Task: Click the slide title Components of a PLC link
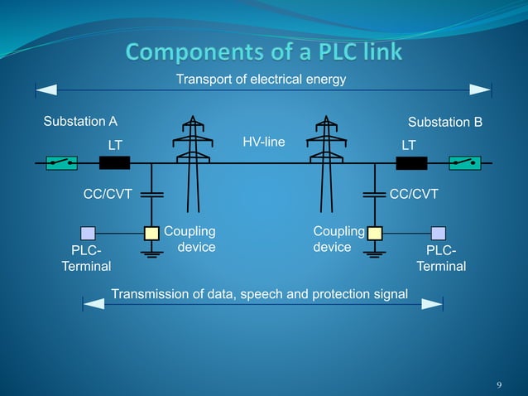tap(264, 52)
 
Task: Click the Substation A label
tap(79, 122)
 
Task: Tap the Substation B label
tap(445, 123)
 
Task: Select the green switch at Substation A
tap(61, 163)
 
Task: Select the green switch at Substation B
tap(463, 163)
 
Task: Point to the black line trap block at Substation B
tap(411, 163)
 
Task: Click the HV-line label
tap(264, 142)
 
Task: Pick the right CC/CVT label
tap(414, 195)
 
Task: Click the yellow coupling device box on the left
tap(151, 233)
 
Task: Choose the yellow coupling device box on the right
tap(375, 233)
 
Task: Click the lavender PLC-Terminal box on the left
tap(88, 233)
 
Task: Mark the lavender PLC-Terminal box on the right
tap(439, 233)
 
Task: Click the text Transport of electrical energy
tap(261, 80)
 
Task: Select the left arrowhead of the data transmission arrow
tap(94, 304)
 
